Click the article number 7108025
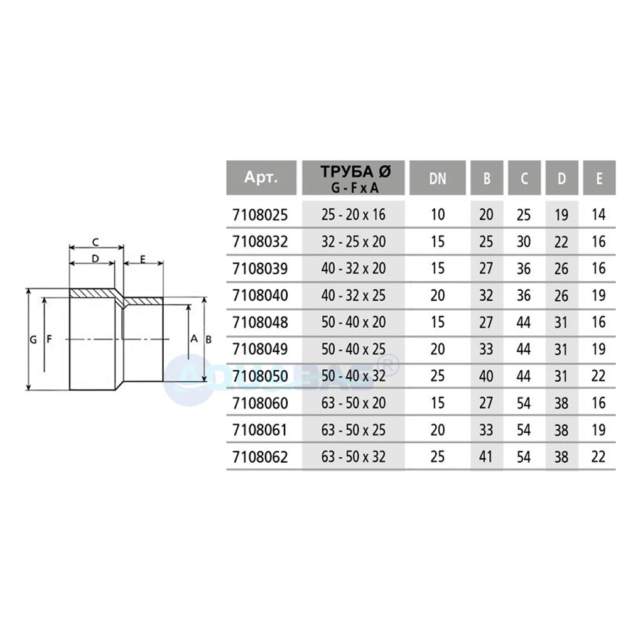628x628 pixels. [x=260, y=215]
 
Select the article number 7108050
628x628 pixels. [x=260, y=376]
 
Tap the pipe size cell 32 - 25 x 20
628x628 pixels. [x=353, y=242]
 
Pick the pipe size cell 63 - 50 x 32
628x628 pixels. [x=353, y=457]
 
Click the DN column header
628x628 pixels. [x=437, y=178]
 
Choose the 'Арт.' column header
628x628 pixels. [x=261, y=176]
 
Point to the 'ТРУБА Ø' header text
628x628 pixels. [x=355, y=171]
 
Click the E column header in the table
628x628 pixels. [x=599, y=178]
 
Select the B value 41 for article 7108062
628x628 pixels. [x=486, y=457]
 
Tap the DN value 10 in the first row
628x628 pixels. [x=438, y=215]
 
